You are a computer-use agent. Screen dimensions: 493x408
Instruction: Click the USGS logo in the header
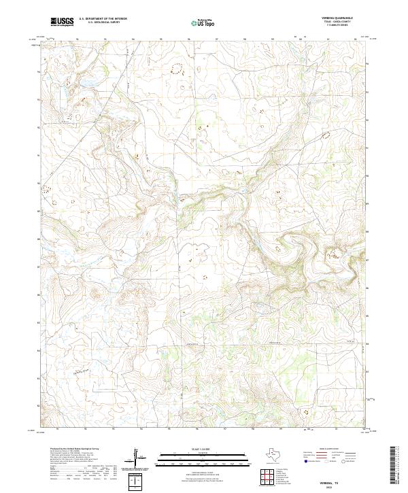click(63, 22)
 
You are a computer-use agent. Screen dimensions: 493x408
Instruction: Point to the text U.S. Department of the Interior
click(102, 19)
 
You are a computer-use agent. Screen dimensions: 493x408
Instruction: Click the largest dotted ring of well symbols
click(178, 68)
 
